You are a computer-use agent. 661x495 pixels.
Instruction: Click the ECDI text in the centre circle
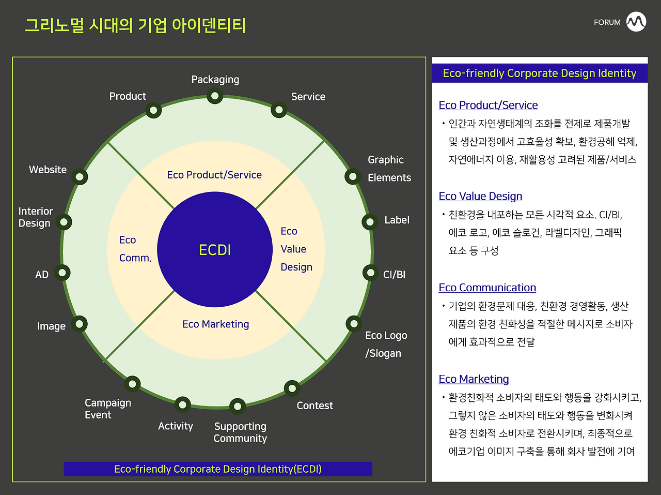(x=215, y=250)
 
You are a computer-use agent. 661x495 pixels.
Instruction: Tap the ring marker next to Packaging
(x=215, y=96)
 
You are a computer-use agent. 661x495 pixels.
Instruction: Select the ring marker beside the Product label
(x=153, y=110)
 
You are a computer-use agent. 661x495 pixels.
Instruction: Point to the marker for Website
(x=80, y=177)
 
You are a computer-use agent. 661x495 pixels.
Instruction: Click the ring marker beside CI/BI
(x=370, y=273)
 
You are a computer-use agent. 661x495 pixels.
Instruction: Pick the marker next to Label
(x=370, y=222)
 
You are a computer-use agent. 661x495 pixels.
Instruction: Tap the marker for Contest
(x=292, y=388)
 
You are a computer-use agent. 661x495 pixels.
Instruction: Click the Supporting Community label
(x=240, y=432)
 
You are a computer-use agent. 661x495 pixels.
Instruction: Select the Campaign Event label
(x=108, y=409)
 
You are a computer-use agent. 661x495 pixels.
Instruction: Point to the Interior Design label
(x=36, y=217)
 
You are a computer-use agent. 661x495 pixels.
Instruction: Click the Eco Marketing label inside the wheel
(x=216, y=324)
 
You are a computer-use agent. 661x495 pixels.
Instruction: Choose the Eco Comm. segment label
(x=135, y=249)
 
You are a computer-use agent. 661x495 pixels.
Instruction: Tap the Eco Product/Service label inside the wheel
(x=214, y=175)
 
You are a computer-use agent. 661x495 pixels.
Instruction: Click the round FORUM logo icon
(x=636, y=21)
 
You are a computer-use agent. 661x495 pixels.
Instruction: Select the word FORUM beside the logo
(x=607, y=22)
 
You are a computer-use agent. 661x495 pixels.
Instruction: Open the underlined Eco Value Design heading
(x=480, y=196)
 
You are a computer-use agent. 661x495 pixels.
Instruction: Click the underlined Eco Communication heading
(x=487, y=288)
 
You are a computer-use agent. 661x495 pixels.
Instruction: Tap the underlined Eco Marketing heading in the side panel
(x=474, y=379)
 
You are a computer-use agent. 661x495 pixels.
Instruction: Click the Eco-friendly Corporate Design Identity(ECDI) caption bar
(x=218, y=469)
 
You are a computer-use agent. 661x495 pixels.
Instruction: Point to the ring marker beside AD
(x=62, y=273)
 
